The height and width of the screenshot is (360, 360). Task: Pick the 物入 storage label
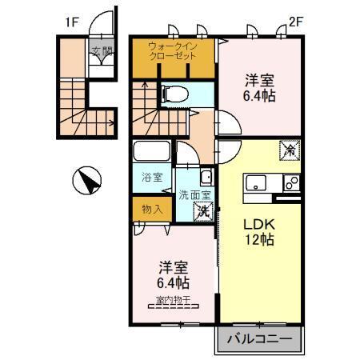(151, 210)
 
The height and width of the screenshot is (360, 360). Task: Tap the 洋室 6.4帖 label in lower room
(173, 275)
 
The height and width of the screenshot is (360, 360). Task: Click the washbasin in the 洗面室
(206, 178)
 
